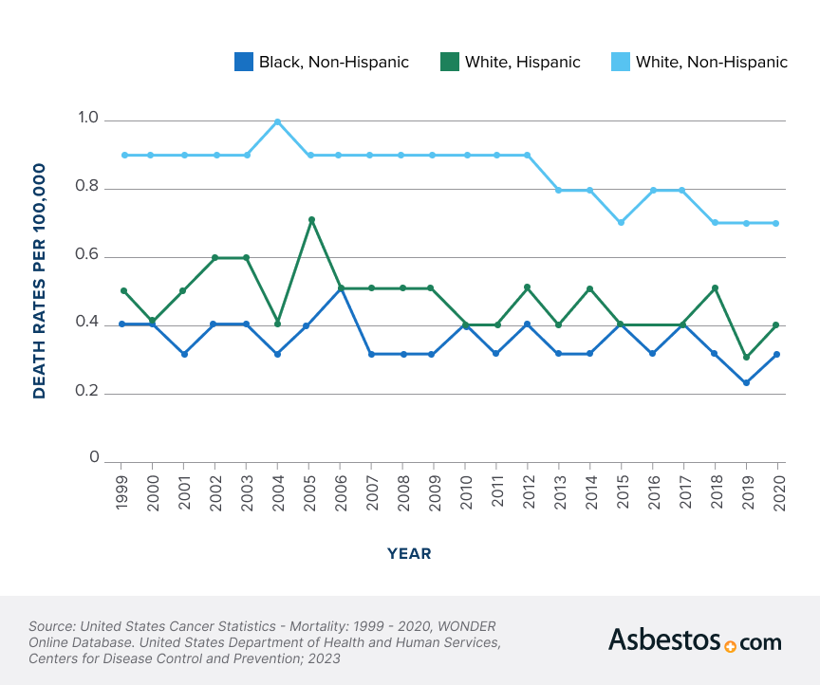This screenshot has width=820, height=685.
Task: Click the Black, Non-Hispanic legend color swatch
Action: click(x=244, y=63)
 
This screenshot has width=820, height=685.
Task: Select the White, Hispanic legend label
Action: click(x=522, y=63)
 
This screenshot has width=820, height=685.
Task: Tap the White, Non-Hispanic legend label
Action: click(x=711, y=63)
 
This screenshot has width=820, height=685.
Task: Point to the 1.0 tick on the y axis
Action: click(x=88, y=119)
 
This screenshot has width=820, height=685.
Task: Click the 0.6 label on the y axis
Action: click(x=88, y=255)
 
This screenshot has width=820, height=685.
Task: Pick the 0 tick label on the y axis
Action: click(x=94, y=458)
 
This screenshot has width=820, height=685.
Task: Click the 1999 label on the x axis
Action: click(x=122, y=491)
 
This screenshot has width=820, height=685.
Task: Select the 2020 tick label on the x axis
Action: click(x=778, y=491)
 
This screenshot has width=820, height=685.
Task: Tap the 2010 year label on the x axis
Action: click(x=466, y=491)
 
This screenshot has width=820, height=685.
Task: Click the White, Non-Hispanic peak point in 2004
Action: click(x=277, y=121)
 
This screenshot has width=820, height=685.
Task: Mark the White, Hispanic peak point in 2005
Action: click(x=309, y=219)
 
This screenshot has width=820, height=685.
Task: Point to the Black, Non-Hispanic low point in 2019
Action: click(x=746, y=383)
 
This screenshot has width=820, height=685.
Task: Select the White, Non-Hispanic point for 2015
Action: click(x=621, y=222)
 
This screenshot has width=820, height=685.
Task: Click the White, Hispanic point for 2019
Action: click(x=746, y=358)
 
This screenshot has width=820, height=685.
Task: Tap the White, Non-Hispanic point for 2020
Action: click(x=777, y=223)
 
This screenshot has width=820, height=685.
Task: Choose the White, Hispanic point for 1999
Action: click(x=122, y=290)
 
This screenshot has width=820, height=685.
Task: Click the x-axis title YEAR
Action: click(x=409, y=553)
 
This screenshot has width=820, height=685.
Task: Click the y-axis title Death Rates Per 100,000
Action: click(x=40, y=281)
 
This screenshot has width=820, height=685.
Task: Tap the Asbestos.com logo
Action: click(x=695, y=640)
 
